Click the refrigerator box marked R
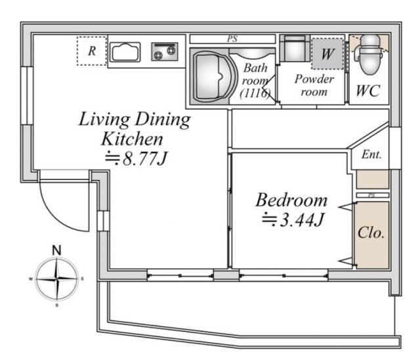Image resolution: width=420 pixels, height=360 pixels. [92, 51]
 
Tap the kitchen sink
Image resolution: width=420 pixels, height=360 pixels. [125, 52]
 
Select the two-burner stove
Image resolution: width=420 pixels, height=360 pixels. [165, 52]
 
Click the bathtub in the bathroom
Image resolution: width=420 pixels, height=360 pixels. [213, 77]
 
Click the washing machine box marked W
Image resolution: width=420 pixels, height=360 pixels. [327, 54]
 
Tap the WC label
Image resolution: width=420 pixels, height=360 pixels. [368, 91]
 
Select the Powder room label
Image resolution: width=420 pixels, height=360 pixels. [314, 85]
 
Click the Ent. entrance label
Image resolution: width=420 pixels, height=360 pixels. [371, 154]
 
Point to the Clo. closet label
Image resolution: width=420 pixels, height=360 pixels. [371, 233]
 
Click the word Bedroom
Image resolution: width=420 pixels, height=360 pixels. [291, 200]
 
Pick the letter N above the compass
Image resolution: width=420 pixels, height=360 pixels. [56, 250]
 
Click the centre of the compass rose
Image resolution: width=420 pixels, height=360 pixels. [57, 279]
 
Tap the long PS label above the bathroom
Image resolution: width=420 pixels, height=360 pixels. [232, 39]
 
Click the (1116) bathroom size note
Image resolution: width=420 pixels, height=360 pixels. [255, 93]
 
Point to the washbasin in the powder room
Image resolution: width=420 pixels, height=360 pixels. [295, 49]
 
